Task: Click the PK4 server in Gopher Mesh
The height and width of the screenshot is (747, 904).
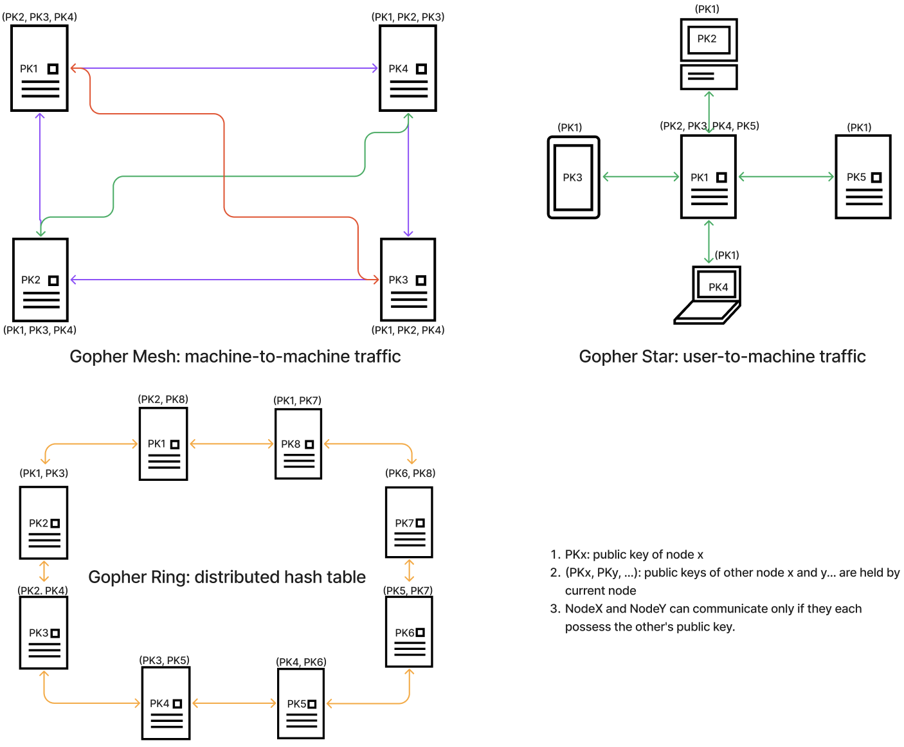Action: pos(408,68)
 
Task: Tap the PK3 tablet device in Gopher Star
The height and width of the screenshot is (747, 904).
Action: pos(574,177)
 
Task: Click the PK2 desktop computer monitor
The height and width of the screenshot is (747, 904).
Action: pos(709,40)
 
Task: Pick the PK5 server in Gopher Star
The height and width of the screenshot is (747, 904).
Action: pos(863,177)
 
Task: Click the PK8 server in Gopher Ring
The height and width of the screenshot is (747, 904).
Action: pos(298,444)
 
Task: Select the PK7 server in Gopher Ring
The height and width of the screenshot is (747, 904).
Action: pos(409,522)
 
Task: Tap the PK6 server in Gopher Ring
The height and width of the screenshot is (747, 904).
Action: pos(409,632)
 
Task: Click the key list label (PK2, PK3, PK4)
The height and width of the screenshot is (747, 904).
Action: pos(39,17)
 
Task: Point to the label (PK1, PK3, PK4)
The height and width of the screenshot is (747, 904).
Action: pos(40,330)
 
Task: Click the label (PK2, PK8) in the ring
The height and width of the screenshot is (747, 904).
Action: pos(163,399)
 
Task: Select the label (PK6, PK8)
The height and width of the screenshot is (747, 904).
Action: pos(410,473)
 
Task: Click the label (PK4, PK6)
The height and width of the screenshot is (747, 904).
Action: pos(301,662)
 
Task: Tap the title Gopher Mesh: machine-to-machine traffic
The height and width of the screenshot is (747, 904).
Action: pos(235,356)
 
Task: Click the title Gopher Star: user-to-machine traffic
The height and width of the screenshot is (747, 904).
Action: pos(722,356)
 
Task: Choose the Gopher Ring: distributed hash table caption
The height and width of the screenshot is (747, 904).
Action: pos(227,577)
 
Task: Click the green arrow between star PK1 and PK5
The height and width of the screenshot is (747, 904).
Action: pos(786,177)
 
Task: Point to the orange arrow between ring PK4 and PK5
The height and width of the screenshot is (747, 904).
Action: pos(234,703)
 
